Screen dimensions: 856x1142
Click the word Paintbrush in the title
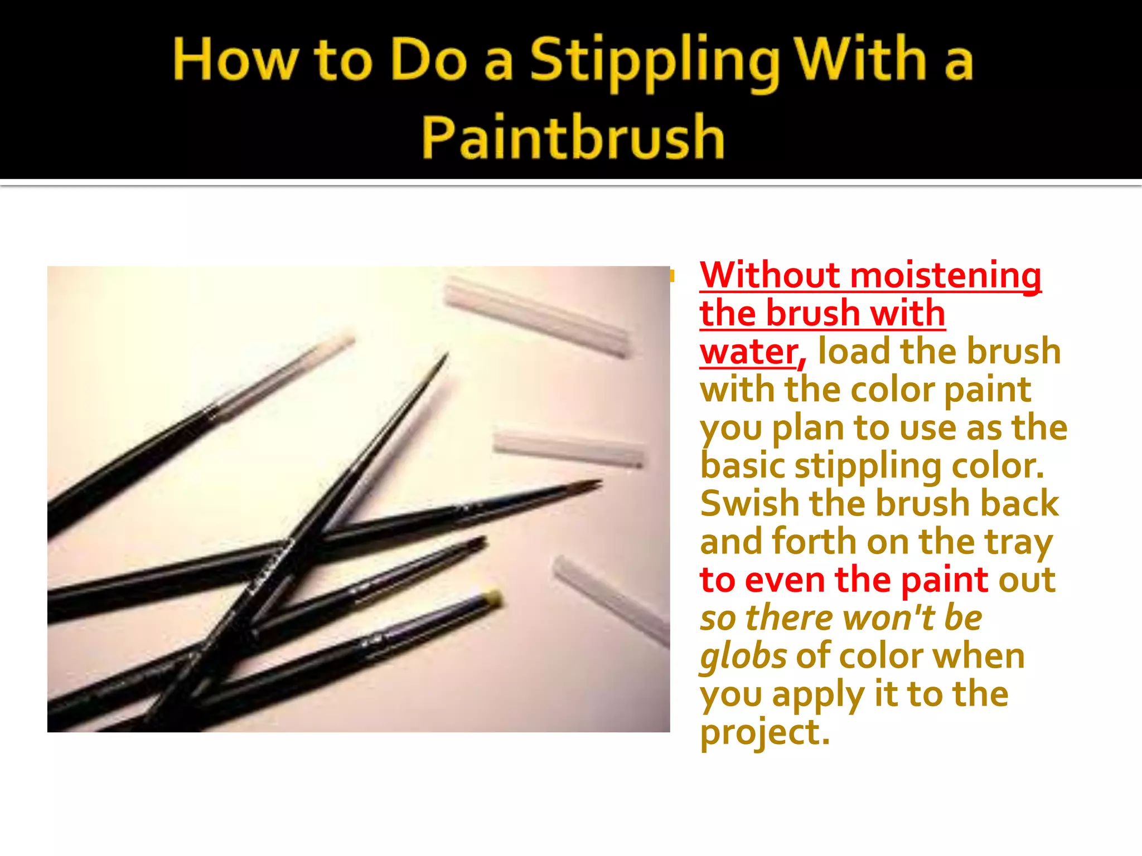tap(573, 137)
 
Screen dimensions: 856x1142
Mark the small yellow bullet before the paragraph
tap(672, 275)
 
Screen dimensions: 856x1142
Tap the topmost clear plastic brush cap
tap(538, 317)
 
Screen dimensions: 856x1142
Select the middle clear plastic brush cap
tap(569, 448)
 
